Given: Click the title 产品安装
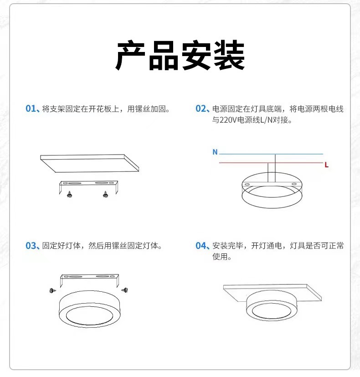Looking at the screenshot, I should (x=180, y=56).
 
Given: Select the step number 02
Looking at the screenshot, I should (x=202, y=109).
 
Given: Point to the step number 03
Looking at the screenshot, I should (x=31, y=246).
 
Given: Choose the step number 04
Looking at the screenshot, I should (x=202, y=246).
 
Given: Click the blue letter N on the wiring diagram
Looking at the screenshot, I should (x=215, y=152).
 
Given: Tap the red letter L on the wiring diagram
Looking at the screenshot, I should (x=326, y=165).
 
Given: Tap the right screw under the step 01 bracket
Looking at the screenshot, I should (x=105, y=194).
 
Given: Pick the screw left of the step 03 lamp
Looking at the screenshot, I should (x=51, y=289).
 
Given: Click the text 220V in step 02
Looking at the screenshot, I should (x=228, y=121).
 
